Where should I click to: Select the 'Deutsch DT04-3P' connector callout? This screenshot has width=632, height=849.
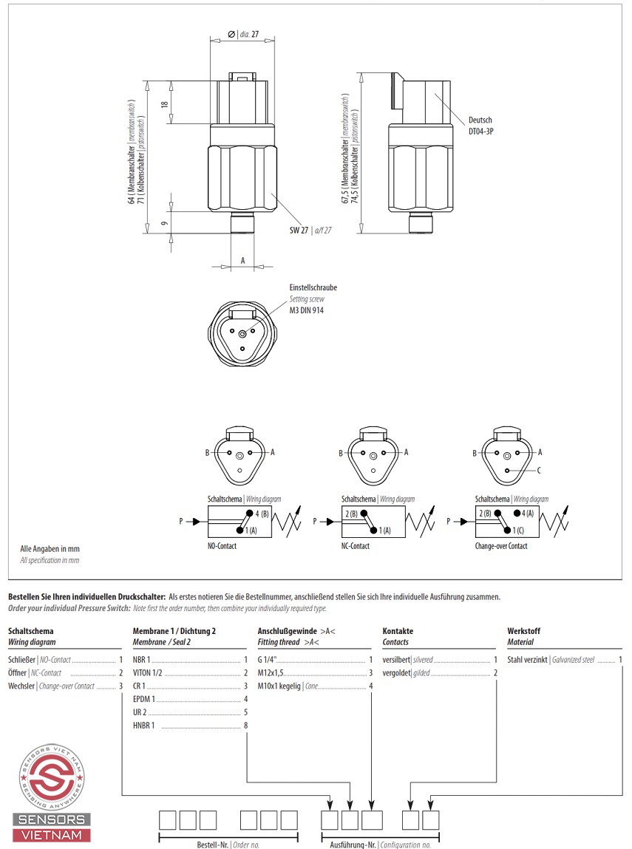480,125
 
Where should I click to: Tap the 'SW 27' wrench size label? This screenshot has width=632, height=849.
299,231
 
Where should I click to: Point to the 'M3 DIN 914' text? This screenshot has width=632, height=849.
306,310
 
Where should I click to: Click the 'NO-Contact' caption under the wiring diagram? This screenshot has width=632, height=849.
222,546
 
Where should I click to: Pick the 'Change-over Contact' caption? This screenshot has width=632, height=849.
501,546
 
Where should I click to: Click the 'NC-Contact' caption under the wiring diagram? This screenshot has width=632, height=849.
355,546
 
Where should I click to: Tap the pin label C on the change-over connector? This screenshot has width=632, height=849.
539,471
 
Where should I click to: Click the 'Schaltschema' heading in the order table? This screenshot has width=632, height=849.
30,632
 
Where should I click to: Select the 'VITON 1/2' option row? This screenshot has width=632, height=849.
148,673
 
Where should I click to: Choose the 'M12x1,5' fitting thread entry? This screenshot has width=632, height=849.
271,673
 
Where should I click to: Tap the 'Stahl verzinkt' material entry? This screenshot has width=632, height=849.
527,660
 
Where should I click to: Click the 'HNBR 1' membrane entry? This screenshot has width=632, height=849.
143,726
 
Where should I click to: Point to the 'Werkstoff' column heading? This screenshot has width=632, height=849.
523,632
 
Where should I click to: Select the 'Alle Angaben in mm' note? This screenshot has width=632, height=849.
50,549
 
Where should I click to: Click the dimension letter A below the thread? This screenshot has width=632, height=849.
242,261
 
